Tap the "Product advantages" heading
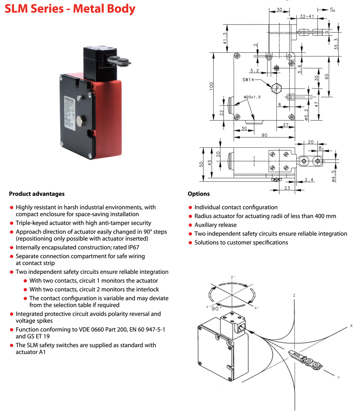(x=37, y=194)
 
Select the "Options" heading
(x=198, y=194)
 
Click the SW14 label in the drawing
(x=248, y=80)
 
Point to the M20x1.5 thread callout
(x=252, y=97)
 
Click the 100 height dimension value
(x=212, y=86)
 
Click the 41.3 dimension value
(x=225, y=38)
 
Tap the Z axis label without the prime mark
(x=294, y=295)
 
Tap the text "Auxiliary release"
(x=215, y=225)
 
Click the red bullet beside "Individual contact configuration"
(x=190, y=208)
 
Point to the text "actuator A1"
(x=31, y=352)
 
